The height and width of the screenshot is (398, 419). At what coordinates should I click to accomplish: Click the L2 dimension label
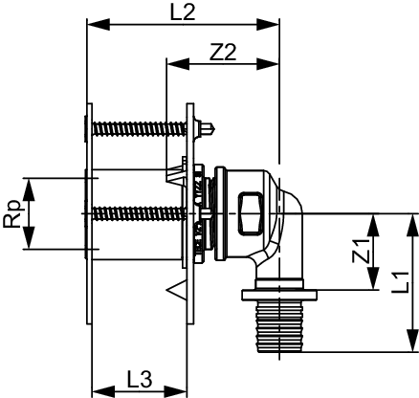pyautogui.click(x=183, y=12)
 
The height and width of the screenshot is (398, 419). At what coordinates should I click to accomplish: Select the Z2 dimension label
pyautogui.click(x=223, y=53)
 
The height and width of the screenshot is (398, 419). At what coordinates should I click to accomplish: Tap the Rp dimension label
pyautogui.click(x=13, y=214)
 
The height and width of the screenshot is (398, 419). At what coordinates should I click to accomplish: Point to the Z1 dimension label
pyautogui.click(x=361, y=252)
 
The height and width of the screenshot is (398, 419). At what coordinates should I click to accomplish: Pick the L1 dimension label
pyautogui.click(x=400, y=282)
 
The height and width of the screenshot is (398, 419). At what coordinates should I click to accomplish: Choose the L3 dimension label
pyautogui.click(x=140, y=379)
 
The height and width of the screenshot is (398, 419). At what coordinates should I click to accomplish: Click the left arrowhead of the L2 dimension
pyautogui.click(x=99, y=25)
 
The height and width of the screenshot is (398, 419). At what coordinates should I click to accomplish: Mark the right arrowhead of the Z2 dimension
pyautogui.click(x=268, y=64)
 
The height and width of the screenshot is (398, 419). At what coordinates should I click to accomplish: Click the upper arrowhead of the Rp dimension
pyautogui.click(x=29, y=189)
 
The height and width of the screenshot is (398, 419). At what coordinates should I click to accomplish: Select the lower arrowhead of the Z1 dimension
pyautogui.click(x=373, y=278)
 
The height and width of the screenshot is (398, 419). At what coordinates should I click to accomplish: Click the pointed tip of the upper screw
pyautogui.click(x=214, y=129)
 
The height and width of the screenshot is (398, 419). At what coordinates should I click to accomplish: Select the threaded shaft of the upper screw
pyautogui.click(x=139, y=129)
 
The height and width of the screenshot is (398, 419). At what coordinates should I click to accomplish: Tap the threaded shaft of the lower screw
pyautogui.click(x=139, y=213)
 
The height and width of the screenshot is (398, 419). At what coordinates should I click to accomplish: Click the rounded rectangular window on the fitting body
pyautogui.click(x=251, y=213)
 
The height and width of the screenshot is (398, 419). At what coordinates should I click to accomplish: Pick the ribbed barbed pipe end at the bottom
pyautogui.click(x=279, y=326)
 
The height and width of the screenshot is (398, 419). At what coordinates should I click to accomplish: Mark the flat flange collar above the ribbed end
pyautogui.click(x=279, y=295)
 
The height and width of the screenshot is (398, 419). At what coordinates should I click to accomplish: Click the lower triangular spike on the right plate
pyautogui.click(x=177, y=290)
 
